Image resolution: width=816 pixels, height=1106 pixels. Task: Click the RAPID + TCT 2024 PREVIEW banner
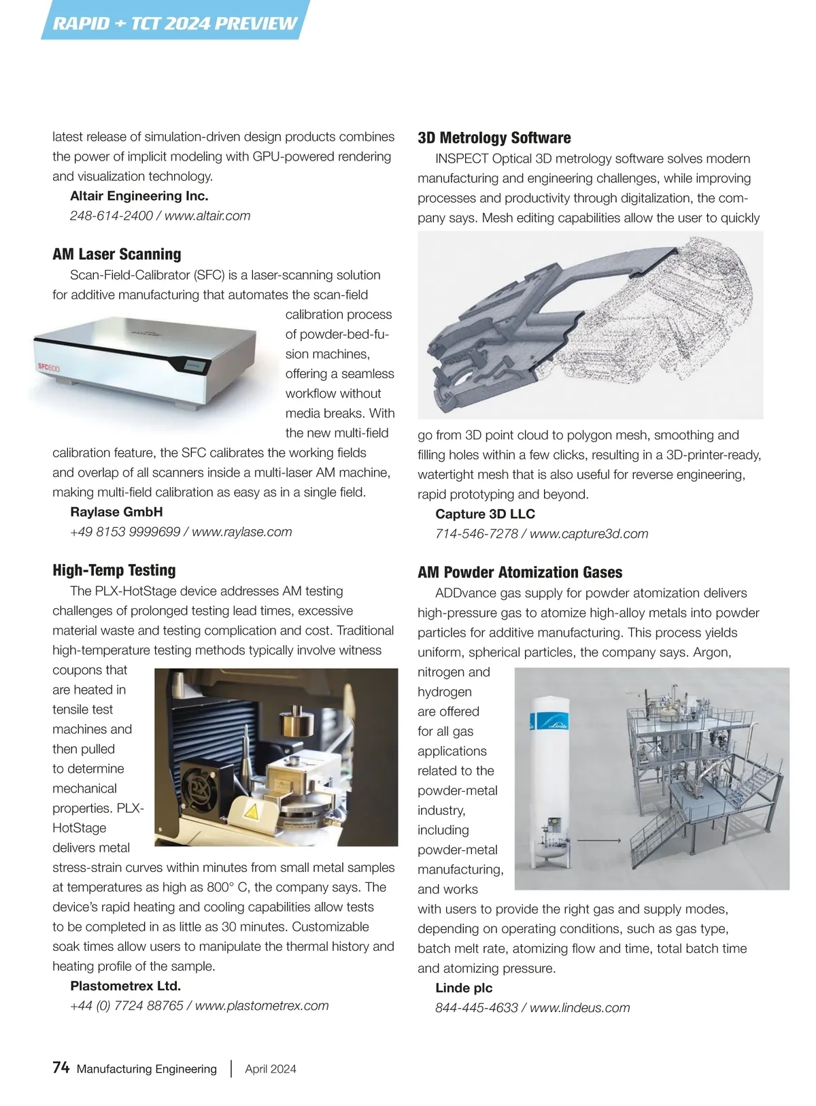click(x=175, y=23)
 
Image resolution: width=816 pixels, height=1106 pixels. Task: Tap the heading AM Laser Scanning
click(x=117, y=254)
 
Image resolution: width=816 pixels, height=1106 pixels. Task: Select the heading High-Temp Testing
click(x=114, y=570)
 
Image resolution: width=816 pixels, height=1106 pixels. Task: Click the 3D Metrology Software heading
click(x=494, y=138)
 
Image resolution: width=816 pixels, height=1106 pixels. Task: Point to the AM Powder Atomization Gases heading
click(x=520, y=572)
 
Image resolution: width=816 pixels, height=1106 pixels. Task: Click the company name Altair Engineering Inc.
click(x=139, y=196)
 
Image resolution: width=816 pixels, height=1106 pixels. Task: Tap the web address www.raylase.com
click(x=242, y=532)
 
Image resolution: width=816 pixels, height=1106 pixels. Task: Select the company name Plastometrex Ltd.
click(x=126, y=986)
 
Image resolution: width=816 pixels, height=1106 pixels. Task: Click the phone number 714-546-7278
click(x=477, y=534)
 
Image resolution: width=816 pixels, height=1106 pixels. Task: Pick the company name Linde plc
click(x=464, y=988)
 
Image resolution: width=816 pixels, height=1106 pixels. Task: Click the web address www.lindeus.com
click(x=579, y=1007)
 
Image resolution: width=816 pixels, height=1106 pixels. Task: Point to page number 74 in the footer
click(x=61, y=1068)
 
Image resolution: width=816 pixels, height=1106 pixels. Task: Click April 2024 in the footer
click(x=271, y=1069)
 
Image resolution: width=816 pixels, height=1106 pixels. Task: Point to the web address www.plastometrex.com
click(x=262, y=1005)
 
